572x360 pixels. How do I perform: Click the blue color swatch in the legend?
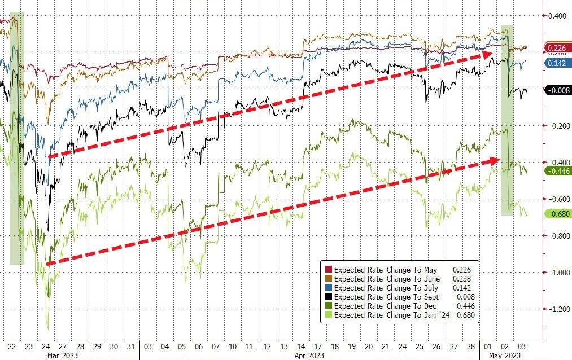pos(328,288)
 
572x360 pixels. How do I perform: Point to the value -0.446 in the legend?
pos(465,306)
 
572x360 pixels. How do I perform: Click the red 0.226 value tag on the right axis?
pos(557,48)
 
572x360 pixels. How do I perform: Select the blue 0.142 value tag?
pos(557,63)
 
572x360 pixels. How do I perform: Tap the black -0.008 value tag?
pos(557,90)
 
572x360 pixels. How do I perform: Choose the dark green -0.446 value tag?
pos(557,170)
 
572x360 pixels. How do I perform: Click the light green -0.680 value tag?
pos(557,214)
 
